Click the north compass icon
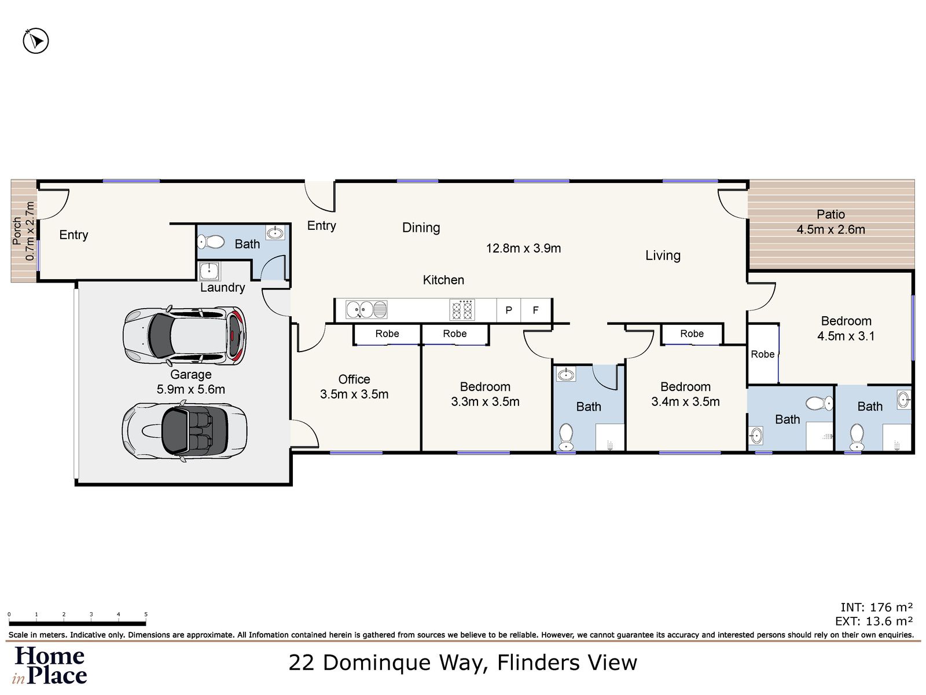click(x=36, y=41)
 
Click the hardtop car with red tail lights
click(x=184, y=336)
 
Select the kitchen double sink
click(x=366, y=310)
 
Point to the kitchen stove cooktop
click(x=462, y=310)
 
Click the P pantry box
click(x=509, y=310)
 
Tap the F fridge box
click(x=536, y=310)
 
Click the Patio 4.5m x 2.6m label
click(x=831, y=222)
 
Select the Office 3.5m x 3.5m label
click(x=354, y=387)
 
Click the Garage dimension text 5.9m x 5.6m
click(x=190, y=390)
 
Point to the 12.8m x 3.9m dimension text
click(x=523, y=248)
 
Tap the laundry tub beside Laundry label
click(x=208, y=271)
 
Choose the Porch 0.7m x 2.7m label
click(x=24, y=231)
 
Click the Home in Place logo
click(x=50, y=665)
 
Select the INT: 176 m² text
click(x=876, y=608)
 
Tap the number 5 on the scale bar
click(x=146, y=614)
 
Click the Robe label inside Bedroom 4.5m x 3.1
click(x=762, y=354)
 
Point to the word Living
click(x=663, y=255)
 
